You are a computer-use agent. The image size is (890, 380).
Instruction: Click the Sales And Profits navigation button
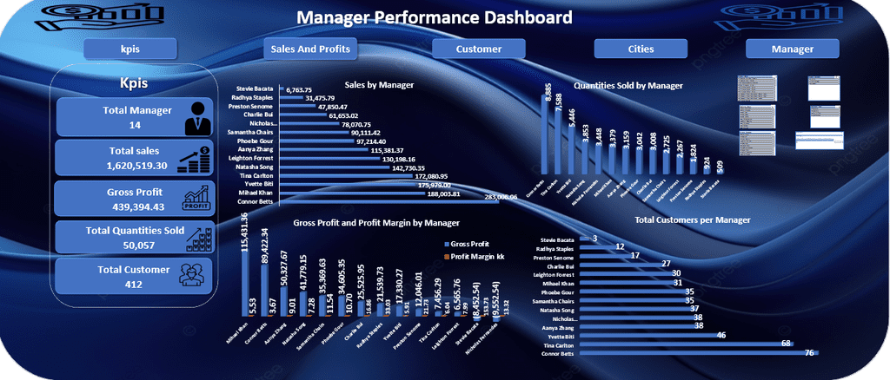(310, 49)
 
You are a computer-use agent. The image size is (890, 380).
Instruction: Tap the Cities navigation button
(641, 49)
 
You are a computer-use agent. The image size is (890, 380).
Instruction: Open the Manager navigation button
(792, 49)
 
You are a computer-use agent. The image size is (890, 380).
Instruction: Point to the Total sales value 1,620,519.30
(123, 165)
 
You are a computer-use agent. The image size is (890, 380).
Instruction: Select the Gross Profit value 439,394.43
(123, 206)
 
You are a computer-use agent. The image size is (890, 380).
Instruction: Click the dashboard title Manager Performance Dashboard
(435, 17)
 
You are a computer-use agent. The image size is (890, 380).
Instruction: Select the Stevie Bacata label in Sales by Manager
(252, 89)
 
